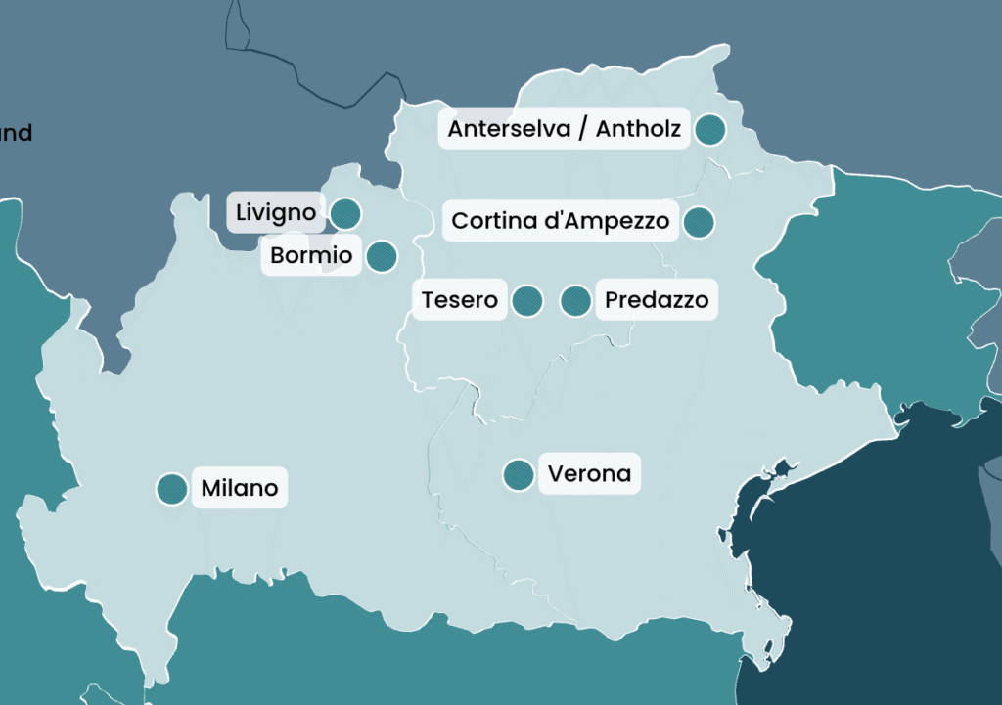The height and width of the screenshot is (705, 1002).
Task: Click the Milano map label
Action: [x=240, y=488]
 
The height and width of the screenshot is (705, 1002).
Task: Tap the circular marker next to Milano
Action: [x=172, y=488]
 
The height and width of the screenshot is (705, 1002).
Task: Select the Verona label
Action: [x=589, y=475]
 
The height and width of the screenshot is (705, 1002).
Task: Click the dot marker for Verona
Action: [x=518, y=475]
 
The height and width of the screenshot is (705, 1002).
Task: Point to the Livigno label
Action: [x=276, y=212]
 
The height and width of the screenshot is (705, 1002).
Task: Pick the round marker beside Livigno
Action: [x=344, y=213]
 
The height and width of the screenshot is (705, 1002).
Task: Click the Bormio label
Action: [x=310, y=256]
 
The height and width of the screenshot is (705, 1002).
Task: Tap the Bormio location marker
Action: [x=381, y=256]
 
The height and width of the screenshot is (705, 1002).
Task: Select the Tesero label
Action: [x=459, y=300]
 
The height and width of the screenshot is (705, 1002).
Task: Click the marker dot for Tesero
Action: [x=527, y=300]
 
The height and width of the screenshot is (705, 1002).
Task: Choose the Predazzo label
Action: [x=657, y=300]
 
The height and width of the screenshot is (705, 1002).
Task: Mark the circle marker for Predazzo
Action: [x=576, y=300]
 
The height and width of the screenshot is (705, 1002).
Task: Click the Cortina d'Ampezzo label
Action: [x=560, y=221]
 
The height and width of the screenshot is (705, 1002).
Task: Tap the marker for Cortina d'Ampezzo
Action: [x=698, y=222]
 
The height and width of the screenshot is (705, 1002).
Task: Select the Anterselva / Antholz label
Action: [x=564, y=129]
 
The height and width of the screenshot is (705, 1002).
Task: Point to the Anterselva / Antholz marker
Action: [x=709, y=129]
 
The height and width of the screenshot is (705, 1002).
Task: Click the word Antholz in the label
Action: [x=638, y=129]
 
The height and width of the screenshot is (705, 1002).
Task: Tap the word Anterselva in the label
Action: [x=509, y=129]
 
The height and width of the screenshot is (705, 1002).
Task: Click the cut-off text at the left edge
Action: [x=16, y=133]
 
